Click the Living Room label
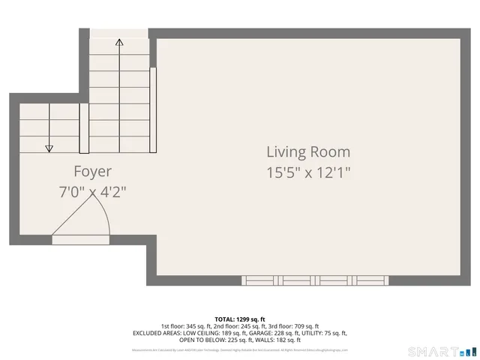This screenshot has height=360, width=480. pos(308,152)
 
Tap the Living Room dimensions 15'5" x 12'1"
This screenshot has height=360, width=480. pos(308,172)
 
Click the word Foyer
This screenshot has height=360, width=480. pos(92,172)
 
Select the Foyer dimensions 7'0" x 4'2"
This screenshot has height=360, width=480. pos(92,192)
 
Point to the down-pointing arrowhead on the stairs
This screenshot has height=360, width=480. pos(49,148)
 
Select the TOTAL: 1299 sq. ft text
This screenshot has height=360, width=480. pos(240,319)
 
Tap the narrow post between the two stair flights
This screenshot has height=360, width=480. pos(84,129)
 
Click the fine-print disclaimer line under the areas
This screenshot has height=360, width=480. pos(240,349)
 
